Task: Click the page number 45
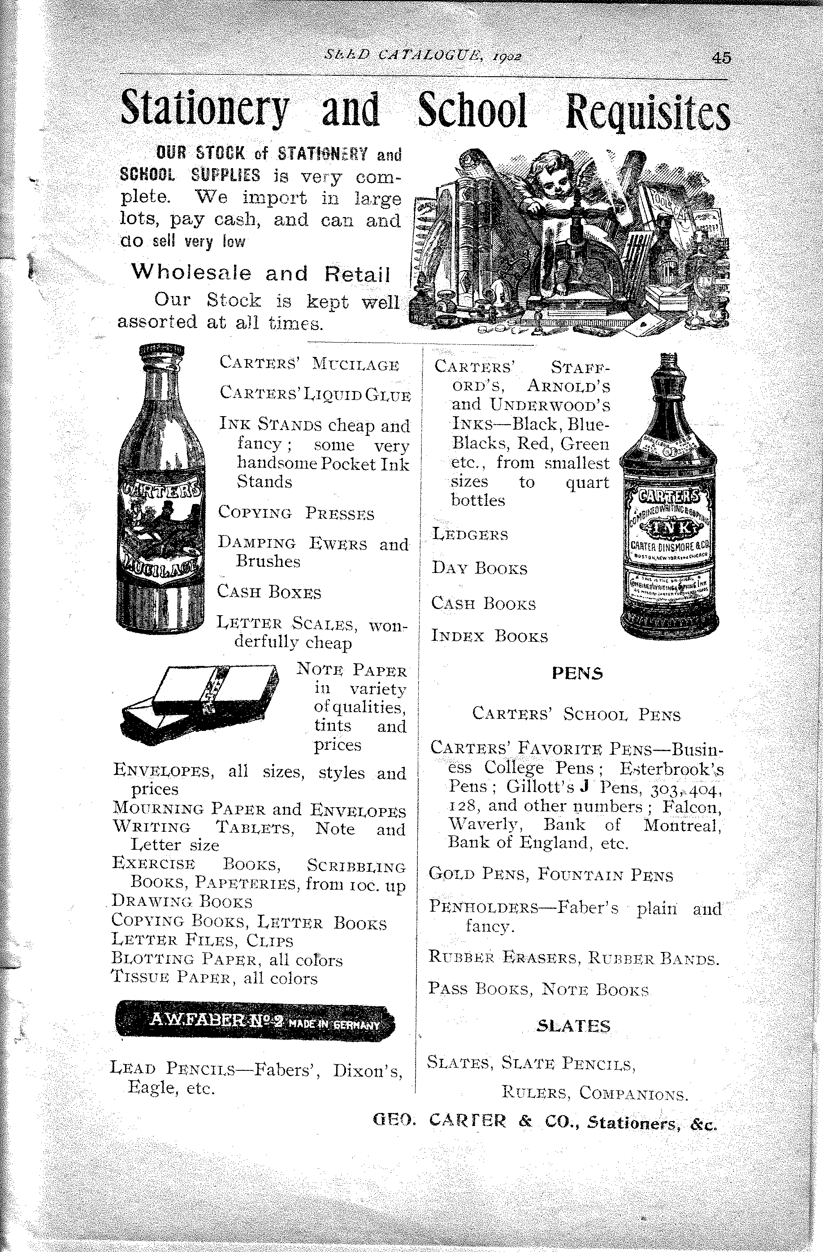pos(721,57)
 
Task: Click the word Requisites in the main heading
pos(647,112)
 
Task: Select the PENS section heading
pos(577,674)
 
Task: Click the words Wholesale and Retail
pos(260,274)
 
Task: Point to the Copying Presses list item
pos(296,513)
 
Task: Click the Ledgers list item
pos(470,535)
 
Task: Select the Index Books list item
pos(489,636)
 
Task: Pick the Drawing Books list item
pos(182,902)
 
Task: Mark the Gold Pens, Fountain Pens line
pos(550,875)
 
